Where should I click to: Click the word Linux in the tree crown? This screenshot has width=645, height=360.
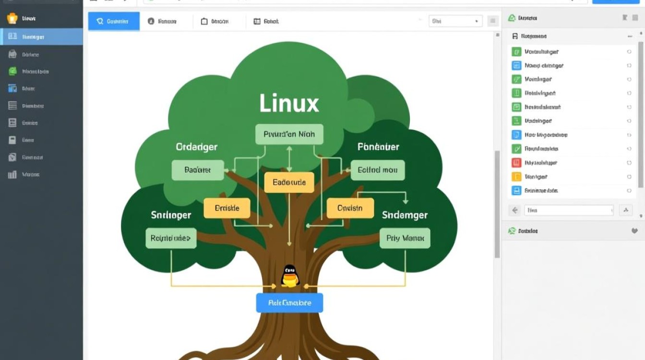point(289,103)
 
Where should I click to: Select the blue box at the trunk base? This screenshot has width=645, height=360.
point(289,303)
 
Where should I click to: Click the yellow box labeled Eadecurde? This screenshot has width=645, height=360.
point(289,182)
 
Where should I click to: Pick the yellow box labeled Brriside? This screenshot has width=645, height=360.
point(227,208)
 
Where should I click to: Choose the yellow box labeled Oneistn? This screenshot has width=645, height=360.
point(350,208)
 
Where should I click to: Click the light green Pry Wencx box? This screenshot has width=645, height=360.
point(405,238)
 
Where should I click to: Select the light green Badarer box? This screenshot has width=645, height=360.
point(198,170)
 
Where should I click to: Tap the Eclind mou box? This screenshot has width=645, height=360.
point(378,170)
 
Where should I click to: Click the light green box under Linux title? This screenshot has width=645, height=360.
point(289,134)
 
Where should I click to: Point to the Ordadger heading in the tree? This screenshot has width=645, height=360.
point(197,147)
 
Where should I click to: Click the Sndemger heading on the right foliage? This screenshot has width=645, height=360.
point(405,215)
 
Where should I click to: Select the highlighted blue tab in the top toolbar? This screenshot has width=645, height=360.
point(114,21)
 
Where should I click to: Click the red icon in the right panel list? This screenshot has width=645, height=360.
point(516,163)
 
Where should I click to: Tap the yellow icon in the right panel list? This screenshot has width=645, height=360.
point(516,177)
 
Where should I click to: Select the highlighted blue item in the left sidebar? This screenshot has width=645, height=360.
point(41,36)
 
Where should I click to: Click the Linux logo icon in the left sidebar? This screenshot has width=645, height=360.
point(12,19)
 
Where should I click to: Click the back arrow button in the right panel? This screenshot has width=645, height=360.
point(515,210)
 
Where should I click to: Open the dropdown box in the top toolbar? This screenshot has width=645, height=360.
point(455,21)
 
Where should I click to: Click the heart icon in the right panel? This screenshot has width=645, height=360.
point(634,231)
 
